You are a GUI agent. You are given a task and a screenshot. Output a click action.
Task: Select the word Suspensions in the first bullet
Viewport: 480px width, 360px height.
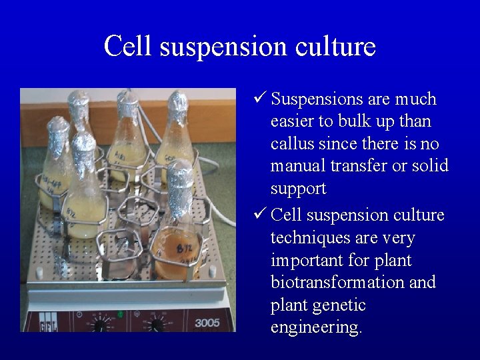coord(317,99)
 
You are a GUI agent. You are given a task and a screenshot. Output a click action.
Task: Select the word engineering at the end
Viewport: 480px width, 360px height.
coord(316,328)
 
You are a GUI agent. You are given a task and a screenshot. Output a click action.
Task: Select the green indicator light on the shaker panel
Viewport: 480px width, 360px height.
coord(121,313)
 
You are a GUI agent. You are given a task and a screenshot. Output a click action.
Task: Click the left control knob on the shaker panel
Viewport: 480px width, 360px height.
coord(102,325)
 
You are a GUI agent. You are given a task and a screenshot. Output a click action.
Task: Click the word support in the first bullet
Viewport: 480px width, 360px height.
coord(298,189)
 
